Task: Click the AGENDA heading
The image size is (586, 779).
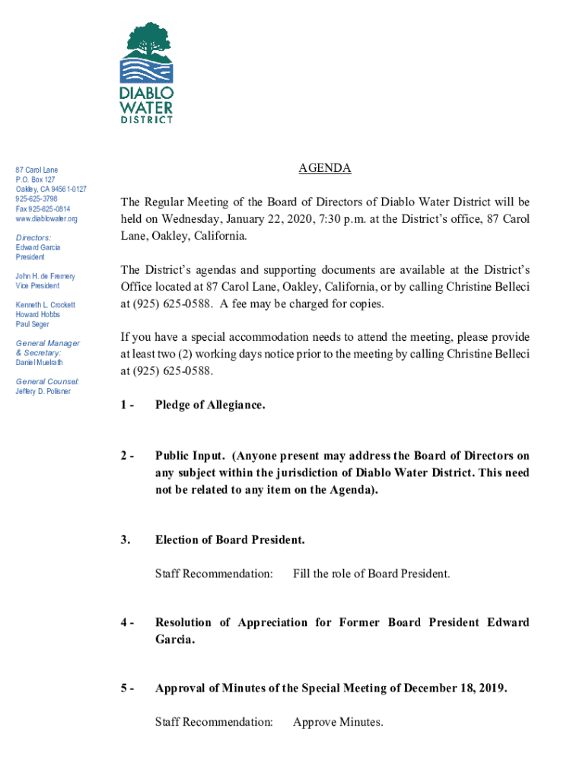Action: pos(325,169)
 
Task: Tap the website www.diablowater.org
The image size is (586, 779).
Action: pos(46,219)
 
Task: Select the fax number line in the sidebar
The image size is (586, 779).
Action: pos(42,209)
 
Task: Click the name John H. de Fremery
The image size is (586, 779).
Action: pos(45,276)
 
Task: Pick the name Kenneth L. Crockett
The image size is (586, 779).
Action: pos(46,305)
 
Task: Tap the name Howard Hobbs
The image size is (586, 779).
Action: pos(38,314)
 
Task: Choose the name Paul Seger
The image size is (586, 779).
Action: pos(33,324)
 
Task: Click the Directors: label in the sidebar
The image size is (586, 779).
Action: pos(33,238)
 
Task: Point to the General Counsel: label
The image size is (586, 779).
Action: pos(47,381)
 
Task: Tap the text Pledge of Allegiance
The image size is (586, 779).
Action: pos(210,405)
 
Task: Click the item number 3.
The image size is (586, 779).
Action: pos(124,540)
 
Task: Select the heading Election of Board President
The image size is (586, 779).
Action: pos(230,540)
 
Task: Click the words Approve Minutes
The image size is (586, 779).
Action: pos(338,721)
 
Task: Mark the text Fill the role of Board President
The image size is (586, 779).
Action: pos(371,574)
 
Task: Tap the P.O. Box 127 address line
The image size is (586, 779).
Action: pos(35,180)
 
